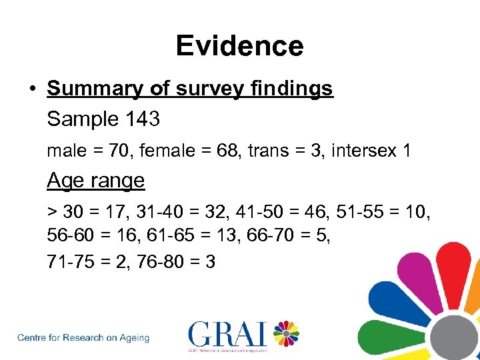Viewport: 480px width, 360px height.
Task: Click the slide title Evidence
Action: point(240,46)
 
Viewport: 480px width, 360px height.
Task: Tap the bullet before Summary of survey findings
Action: point(32,89)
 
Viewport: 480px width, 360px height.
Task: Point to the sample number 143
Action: point(141,119)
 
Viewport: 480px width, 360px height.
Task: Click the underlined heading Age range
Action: point(96,181)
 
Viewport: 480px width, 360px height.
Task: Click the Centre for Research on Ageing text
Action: point(83,337)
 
